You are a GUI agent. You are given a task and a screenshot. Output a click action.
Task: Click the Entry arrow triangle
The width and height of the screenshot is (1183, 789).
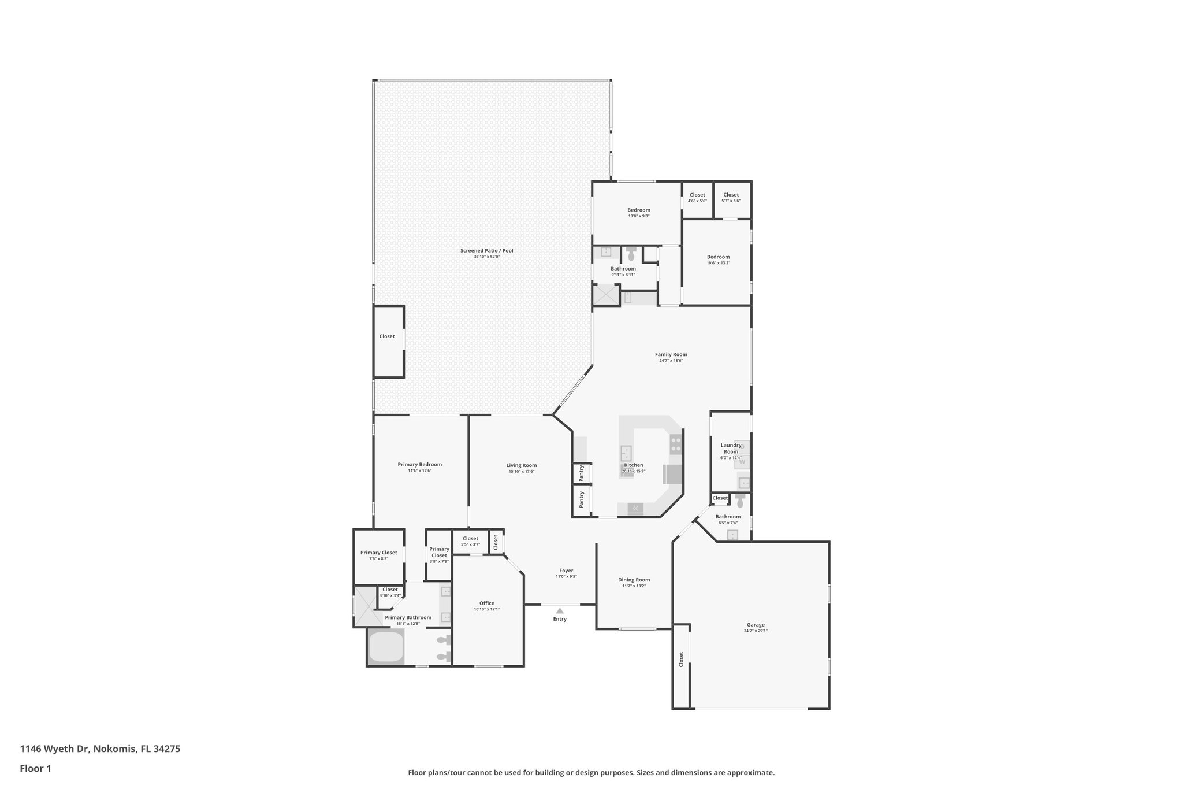(559, 610)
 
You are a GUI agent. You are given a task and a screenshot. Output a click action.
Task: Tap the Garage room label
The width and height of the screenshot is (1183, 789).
(756, 624)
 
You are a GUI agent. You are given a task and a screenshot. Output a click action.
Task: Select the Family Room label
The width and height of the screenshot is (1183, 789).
(671, 354)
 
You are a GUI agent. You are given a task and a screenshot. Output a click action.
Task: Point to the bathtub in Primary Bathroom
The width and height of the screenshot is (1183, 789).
(386, 647)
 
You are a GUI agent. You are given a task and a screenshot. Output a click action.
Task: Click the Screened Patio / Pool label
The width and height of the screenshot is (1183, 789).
(486, 250)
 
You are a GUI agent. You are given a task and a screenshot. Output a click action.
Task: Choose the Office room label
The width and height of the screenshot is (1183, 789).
(486, 603)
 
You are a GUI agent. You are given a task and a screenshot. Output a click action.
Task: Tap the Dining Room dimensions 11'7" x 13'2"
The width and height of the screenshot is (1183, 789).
(634, 586)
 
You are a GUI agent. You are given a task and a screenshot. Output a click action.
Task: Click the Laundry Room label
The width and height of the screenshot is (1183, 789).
(731, 448)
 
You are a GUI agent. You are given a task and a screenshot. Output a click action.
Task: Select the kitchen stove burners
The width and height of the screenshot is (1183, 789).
(675, 444)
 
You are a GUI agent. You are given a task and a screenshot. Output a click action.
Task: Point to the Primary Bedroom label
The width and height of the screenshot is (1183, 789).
(419, 464)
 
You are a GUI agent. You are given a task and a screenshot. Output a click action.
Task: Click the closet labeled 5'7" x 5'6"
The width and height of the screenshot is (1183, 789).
(731, 197)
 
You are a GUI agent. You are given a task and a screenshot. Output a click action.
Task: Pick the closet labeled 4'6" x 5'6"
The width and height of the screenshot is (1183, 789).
(697, 197)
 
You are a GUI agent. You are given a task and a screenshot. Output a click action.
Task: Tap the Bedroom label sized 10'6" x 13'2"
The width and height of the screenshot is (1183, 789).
(718, 257)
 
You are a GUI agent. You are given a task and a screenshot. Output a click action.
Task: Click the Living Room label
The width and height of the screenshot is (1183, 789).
(521, 465)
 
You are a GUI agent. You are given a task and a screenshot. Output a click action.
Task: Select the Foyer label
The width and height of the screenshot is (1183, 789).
(566, 571)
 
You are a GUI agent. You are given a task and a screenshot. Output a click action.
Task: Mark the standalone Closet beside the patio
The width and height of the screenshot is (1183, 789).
(387, 336)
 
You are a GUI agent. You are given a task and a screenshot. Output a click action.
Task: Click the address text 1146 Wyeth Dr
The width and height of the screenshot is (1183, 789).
(55, 749)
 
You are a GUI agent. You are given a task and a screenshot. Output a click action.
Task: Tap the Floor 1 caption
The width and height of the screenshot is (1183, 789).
(35, 768)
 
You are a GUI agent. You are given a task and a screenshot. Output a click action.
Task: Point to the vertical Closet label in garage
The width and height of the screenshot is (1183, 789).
(681, 659)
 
